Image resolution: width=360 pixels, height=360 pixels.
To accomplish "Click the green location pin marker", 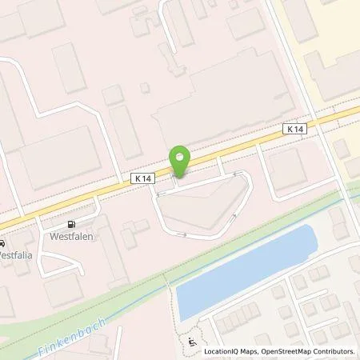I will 179,160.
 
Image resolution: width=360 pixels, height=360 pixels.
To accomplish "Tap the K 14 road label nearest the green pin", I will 142,182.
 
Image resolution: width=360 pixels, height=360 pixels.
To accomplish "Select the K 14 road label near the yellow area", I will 294,128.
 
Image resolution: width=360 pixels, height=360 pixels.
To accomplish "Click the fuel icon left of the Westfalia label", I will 2,244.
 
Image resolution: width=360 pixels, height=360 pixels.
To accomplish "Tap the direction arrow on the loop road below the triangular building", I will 185,234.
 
